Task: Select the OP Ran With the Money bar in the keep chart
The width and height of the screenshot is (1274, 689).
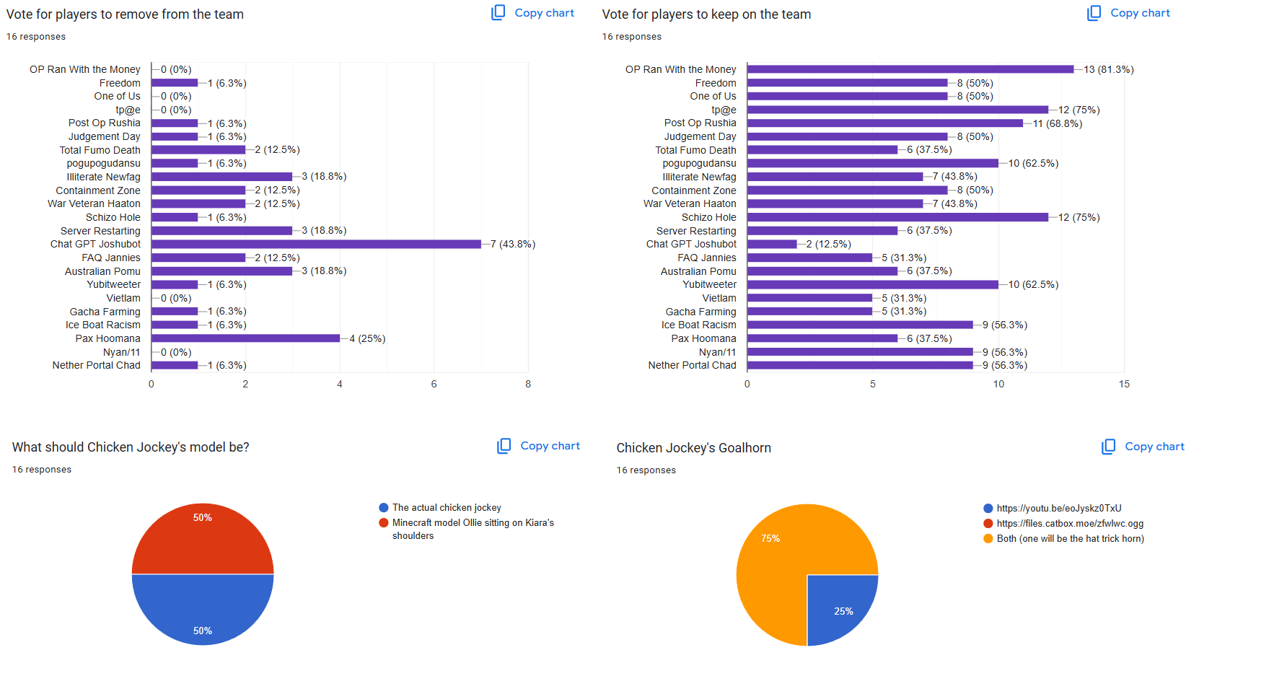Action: [910, 69]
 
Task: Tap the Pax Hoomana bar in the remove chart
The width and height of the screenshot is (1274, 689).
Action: [245, 338]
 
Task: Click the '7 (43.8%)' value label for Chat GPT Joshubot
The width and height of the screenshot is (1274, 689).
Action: [513, 245]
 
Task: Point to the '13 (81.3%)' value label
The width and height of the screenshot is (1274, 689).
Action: [1108, 69]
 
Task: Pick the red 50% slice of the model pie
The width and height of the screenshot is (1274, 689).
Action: [203, 537]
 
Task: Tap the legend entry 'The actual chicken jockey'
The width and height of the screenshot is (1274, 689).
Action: [446, 508]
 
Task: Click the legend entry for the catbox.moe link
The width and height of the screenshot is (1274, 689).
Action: [1069, 524]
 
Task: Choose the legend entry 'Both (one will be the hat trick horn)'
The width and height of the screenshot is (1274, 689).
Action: [1070, 539]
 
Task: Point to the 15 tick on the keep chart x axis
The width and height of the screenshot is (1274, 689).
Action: [1124, 385]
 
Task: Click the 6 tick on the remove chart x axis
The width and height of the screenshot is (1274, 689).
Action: [434, 385]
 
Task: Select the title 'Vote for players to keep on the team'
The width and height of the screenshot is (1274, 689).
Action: [706, 14]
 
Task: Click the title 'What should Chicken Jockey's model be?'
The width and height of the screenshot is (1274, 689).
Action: [131, 447]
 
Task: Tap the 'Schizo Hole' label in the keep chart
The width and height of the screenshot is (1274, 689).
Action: [708, 217]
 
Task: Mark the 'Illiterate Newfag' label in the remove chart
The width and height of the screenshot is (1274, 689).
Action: [103, 177]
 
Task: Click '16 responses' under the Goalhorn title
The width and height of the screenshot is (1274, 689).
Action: [646, 470]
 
